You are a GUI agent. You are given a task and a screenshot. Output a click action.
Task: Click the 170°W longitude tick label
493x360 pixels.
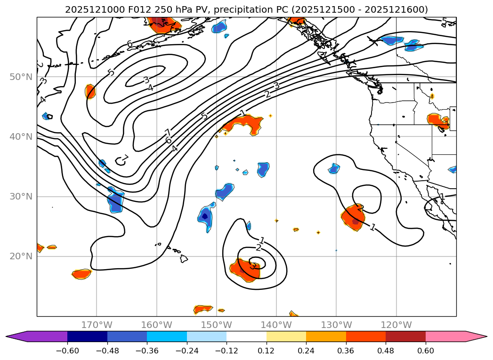coord(97,325)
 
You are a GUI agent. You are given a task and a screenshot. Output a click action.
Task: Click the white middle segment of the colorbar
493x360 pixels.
coord(246,336)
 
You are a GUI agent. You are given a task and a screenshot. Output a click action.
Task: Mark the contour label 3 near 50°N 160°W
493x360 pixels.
coord(146,80)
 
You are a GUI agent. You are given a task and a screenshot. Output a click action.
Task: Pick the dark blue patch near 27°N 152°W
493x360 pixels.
coord(205,216)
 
